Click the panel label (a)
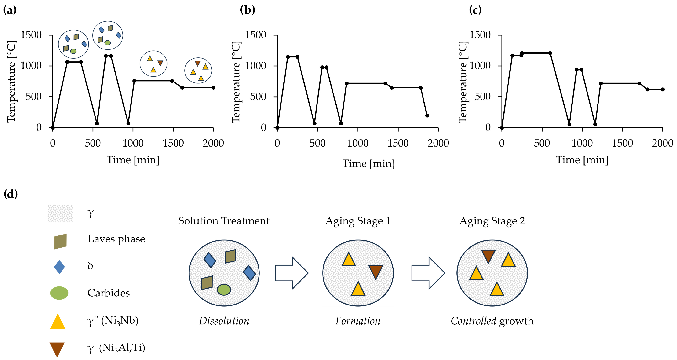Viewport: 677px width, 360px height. coord(10,10)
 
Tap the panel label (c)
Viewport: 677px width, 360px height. coord(475,10)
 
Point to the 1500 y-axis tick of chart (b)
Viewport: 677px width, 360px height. coord(255,35)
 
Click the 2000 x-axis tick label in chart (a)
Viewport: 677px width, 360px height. coord(213,143)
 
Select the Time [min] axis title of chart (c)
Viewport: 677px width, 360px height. coord(582,160)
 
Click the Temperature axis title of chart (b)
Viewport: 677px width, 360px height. coord(236,82)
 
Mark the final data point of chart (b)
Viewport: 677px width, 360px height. coord(427,115)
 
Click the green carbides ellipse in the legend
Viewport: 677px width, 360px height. coord(59,293)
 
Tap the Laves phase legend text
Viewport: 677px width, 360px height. coord(116,239)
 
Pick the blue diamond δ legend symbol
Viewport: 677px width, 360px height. coord(59,267)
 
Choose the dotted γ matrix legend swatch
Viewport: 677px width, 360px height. coord(60,213)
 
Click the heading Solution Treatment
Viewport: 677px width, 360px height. coord(224,221)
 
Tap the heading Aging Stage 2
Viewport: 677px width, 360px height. coord(492,221)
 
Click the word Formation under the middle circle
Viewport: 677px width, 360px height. coord(358,321)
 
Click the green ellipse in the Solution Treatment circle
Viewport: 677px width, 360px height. coord(224,289)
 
